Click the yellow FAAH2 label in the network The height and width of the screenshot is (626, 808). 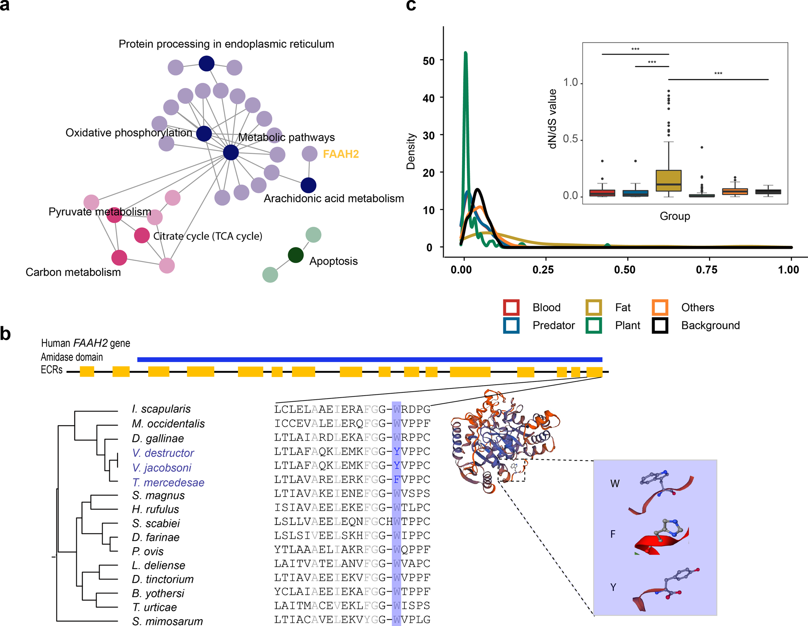[x=341, y=154]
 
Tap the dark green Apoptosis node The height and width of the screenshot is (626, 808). [x=296, y=255]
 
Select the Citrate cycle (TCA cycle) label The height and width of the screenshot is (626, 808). [x=208, y=236]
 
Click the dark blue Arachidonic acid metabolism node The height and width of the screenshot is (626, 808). [x=308, y=185]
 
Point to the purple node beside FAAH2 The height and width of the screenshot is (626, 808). [x=309, y=154]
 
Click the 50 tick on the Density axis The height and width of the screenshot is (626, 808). [x=429, y=61]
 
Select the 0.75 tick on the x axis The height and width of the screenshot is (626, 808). [x=707, y=270]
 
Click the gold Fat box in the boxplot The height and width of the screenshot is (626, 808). [x=669, y=181]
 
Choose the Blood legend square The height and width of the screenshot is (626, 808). [x=511, y=307]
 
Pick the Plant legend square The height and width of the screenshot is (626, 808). [x=593, y=325]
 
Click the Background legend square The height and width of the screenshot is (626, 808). [x=660, y=325]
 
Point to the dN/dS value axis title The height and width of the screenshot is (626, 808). [x=553, y=119]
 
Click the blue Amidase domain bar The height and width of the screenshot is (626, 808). [x=369, y=359]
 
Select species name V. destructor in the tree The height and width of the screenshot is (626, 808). [x=163, y=453]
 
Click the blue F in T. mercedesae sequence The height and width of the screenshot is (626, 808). [x=396, y=480]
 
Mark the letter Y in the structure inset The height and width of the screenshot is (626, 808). [x=613, y=587]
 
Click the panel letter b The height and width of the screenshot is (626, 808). [x=5, y=334]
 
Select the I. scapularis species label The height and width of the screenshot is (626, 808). [x=161, y=409]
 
